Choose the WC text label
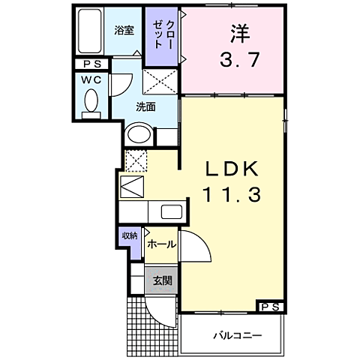[91, 79]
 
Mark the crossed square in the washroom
[160, 81]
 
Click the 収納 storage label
[130, 236]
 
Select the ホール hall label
[161, 244]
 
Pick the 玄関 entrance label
[162, 281]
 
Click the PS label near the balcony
[271, 307]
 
